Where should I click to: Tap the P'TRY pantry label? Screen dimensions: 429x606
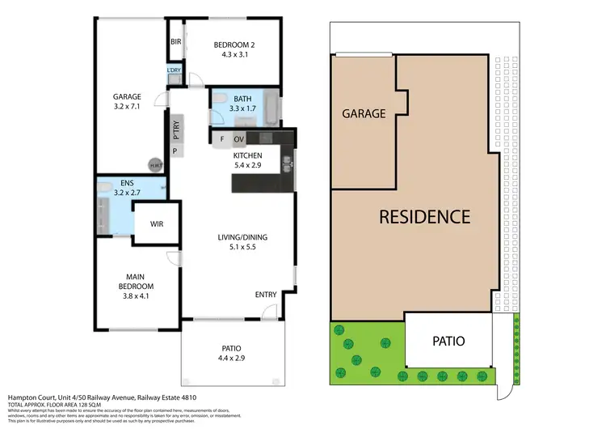175,128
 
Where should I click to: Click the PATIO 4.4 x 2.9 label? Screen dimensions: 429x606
232,352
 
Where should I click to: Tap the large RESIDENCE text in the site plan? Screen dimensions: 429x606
424,217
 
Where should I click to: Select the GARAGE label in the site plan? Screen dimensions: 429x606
364,114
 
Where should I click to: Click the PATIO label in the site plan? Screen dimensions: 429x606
448,341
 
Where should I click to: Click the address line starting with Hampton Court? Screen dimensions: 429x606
101,397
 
